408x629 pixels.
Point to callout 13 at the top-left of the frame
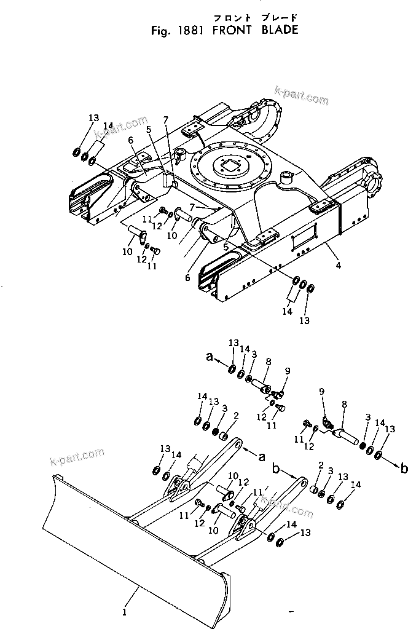tap(93, 118)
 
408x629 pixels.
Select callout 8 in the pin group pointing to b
tap(344, 405)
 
